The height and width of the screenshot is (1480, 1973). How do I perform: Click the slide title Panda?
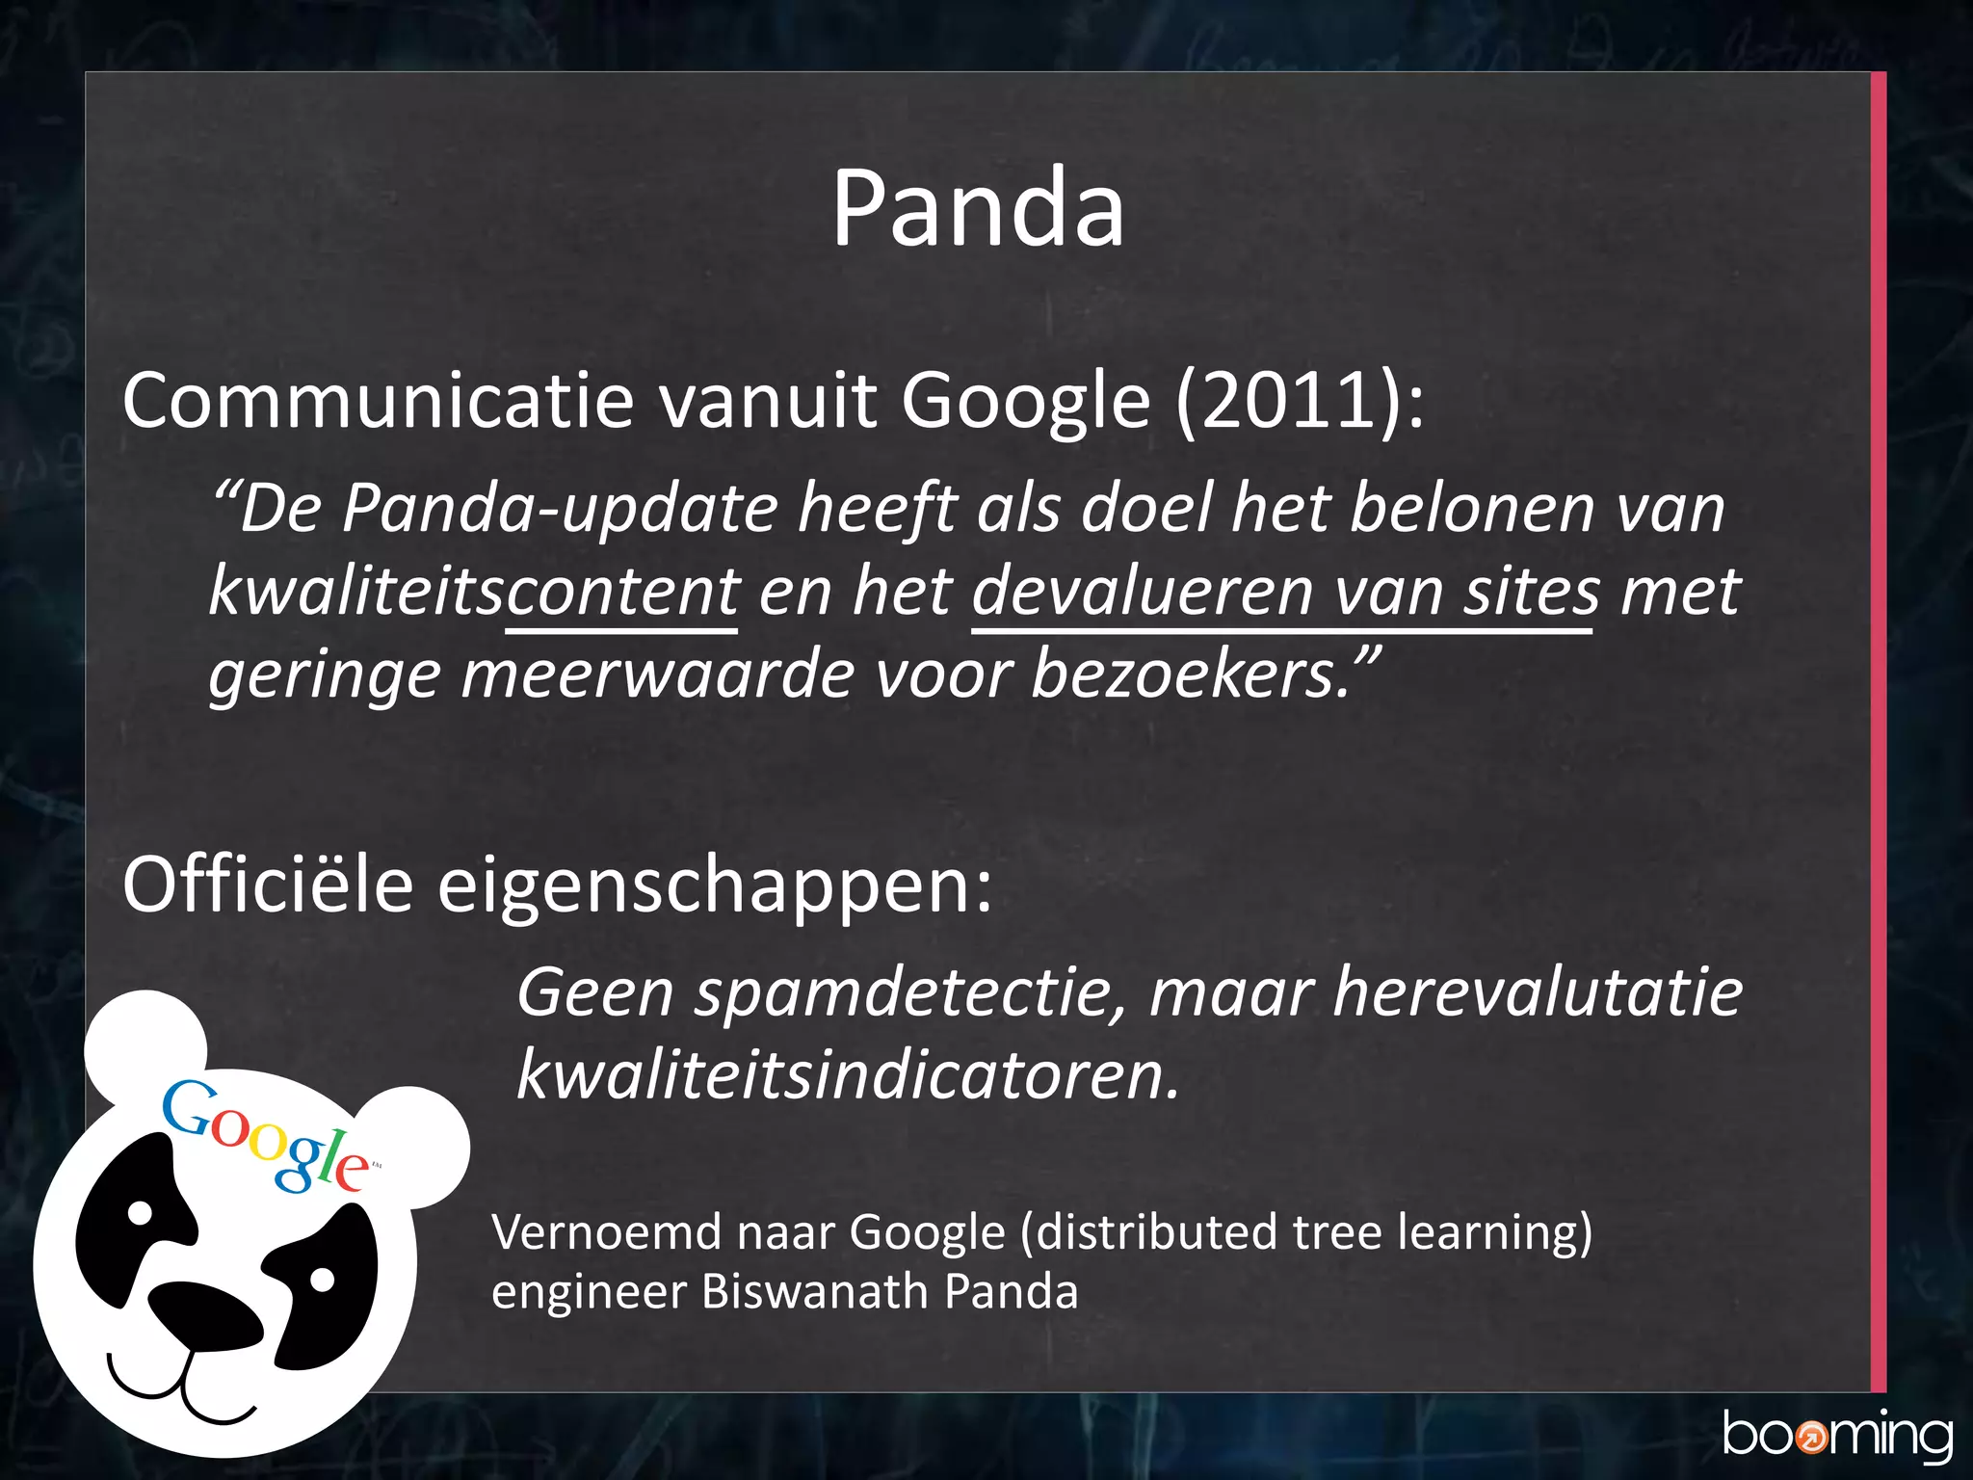click(978, 208)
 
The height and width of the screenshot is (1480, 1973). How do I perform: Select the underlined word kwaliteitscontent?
click(474, 591)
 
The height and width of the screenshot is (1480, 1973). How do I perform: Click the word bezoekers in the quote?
click(1191, 674)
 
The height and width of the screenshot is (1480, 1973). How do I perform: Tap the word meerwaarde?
click(657, 674)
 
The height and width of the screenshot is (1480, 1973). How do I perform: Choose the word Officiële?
click(268, 884)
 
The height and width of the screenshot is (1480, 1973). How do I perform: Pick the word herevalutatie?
click(1538, 992)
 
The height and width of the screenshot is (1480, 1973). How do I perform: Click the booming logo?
click(1836, 1436)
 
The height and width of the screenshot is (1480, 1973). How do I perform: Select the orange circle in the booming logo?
click(1812, 1439)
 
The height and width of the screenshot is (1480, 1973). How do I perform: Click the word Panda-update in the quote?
click(560, 508)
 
